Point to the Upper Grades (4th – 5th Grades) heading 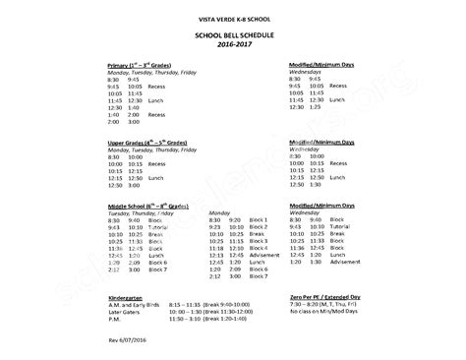pos(144,143)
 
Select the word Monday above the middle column pos(221,212)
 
